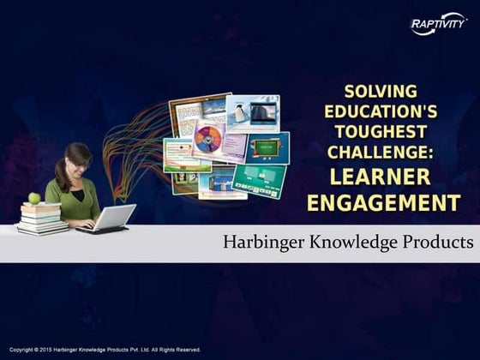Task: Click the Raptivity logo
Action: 438,26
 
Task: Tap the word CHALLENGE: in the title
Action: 382,152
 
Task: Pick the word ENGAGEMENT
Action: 382,203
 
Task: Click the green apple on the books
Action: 34,198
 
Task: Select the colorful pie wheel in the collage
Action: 207,139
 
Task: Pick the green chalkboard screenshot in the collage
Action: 268,147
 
